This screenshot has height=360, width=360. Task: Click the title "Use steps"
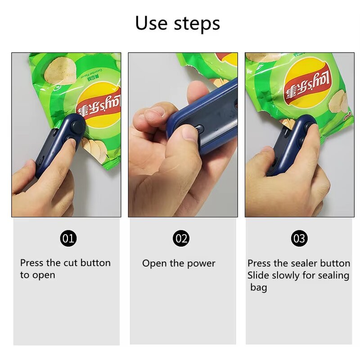pyautogui.click(x=178, y=23)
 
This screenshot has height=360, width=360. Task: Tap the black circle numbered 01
pyautogui.click(x=68, y=238)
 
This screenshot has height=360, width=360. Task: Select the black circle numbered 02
pyautogui.click(x=181, y=238)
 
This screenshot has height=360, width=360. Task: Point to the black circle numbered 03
pyautogui.click(x=299, y=238)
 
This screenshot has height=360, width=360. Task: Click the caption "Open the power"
pyautogui.click(x=179, y=263)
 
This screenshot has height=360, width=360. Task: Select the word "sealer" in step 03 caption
pyautogui.click(x=296, y=263)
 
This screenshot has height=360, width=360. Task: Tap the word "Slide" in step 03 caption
pyautogui.click(x=258, y=275)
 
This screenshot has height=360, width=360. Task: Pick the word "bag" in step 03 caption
pyautogui.click(x=259, y=287)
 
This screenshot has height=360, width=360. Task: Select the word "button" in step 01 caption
pyautogui.click(x=94, y=263)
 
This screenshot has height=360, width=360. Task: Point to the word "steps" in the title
pyautogui.click(x=198, y=23)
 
